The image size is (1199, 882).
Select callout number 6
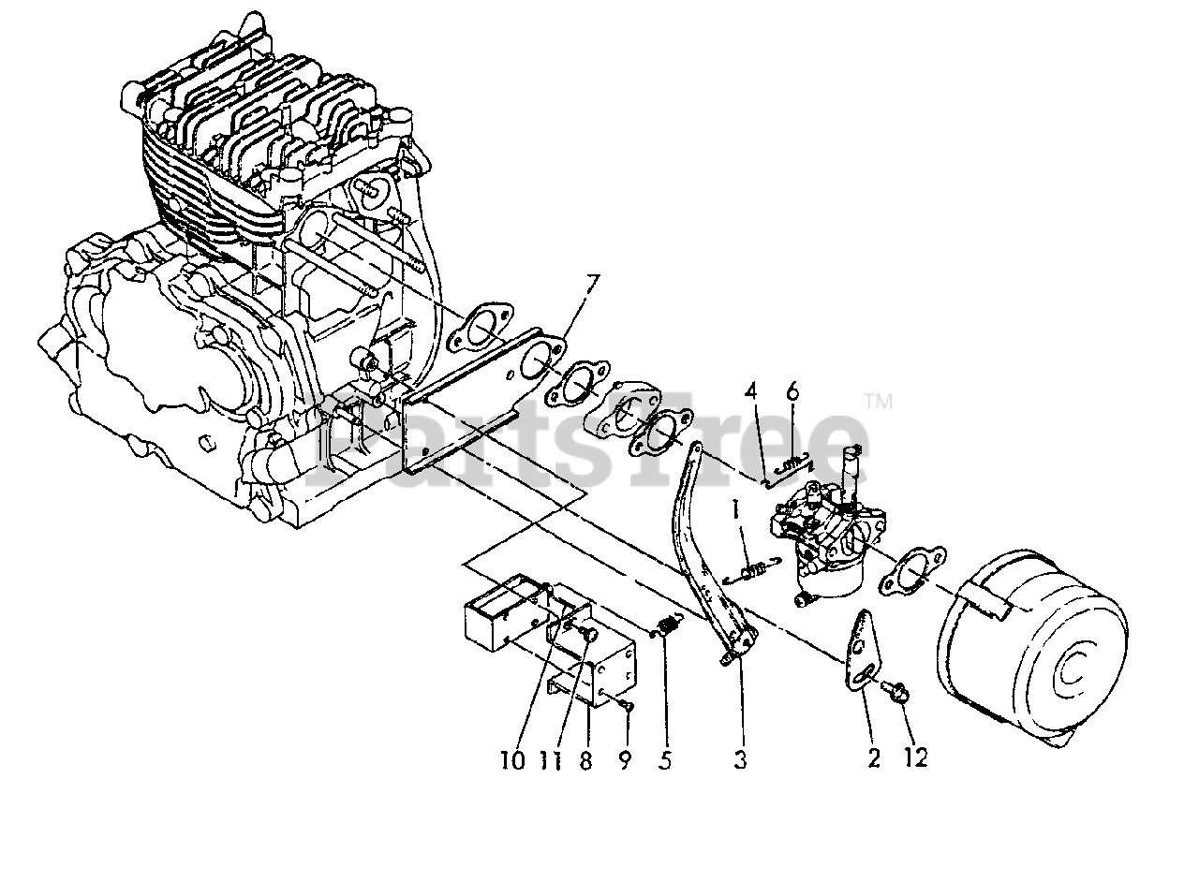point(792,390)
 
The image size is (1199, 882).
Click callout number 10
point(512,760)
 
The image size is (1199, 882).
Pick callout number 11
point(552,760)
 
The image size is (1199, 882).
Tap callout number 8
point(586,760)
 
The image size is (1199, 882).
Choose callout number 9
point(625,760)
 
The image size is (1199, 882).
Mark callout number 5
point(664,760)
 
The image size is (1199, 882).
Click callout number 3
point(740,760)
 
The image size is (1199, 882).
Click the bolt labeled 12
point(895,693)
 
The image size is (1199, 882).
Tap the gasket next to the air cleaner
point(900,572)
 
